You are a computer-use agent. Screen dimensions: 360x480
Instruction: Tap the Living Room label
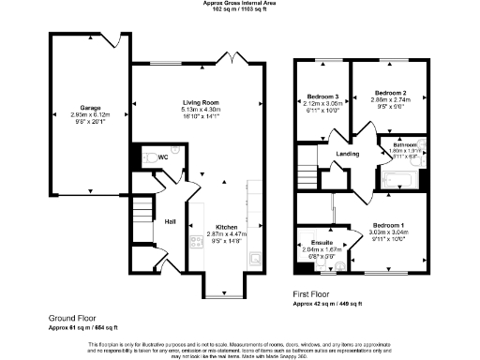(x=201, y=102)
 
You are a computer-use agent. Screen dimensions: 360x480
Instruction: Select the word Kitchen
(x=228, y=228)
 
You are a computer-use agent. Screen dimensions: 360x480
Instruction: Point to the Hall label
(x=171, y=221)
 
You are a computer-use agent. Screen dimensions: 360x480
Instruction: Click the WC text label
(x=163, y=157)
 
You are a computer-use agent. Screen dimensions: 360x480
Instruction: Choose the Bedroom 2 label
(x=389, y=93)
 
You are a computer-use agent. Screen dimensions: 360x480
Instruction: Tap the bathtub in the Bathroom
(x=398, y=178)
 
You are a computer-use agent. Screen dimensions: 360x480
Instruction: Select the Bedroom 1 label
(x=388, y=226)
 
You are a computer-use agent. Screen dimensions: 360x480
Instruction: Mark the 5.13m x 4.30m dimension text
(x=201, y=110)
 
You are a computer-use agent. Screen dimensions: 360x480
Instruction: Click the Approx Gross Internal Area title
(x=240, y=4)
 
